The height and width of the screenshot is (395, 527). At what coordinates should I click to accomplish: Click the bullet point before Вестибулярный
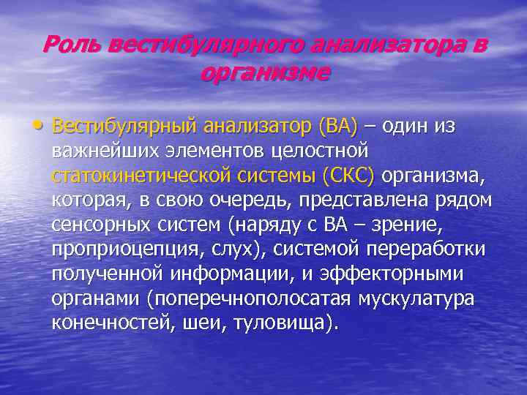(45, 126)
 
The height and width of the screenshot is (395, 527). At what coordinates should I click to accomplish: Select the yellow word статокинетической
(143, 176)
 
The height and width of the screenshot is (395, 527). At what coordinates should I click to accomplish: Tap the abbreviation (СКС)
(347, 176)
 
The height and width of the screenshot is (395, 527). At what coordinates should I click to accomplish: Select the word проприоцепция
(119, 250)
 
